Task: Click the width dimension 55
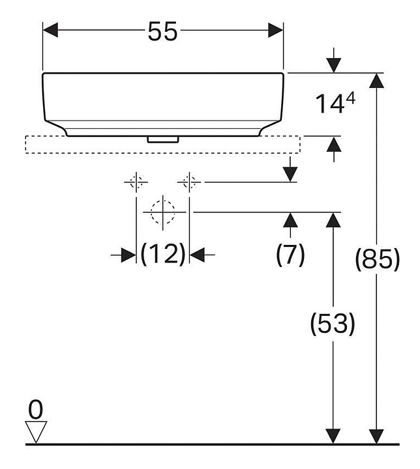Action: pyautogui.click(x=162, y=31)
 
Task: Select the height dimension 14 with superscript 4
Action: pyautogui.click(x=336, y=104)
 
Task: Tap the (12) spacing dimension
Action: pyautogui.click(x=162, y=254)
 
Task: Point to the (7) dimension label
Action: pyautogui.click(x=290, y=254)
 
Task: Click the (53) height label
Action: pyautogui.click(x=333, y=323)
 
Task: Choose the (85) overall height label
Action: pyautogui.click(x=376, y=259)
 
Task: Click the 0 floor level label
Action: pyautogui.click(x=36, y=409)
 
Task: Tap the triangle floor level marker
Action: pyautogui.click(x=36, y=432)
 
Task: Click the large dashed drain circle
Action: pyautogui.click(x=162, y=212)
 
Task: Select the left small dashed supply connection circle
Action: pyautogui.click(x=136, y=182)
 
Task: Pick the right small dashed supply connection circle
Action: pyautogui.click(x=189, y=182)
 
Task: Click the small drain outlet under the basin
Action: pyautogui.click(x=163, y=139)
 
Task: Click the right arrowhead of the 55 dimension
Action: pyautogui.click(x=275, y=31)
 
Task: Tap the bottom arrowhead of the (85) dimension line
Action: pyautogui.click(x=376, y=436)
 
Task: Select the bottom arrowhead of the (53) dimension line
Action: pyautogui.click(x=333, y=436)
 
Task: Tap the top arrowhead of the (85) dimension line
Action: pyautogui.click(x=376, y=81)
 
